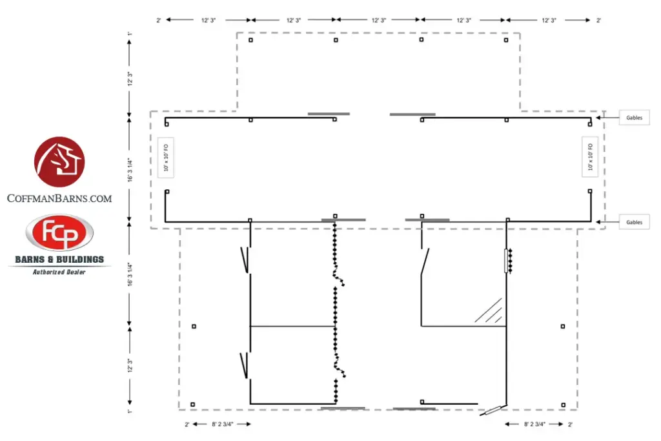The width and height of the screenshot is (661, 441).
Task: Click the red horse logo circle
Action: (59, 162)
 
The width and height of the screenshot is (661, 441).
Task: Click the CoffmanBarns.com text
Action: (59, 199)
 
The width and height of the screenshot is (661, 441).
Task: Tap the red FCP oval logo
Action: (59, 233)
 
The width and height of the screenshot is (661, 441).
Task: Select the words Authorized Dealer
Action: (59, 272)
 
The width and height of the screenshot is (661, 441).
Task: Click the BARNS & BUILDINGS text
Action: (59, 260)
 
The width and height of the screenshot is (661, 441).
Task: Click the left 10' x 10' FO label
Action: (166, 158)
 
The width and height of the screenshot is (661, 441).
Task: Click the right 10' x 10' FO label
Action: (589, 158)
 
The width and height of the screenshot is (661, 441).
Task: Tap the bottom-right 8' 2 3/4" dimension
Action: (534, 424)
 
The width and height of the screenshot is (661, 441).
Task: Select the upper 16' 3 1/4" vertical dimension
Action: (130, 170)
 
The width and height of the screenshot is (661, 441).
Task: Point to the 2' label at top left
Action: (159, 21)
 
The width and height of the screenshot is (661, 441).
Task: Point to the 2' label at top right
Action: (598, 21)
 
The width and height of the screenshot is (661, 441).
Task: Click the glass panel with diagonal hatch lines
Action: (491, 311)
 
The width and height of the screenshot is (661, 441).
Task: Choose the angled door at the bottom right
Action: (496, 409)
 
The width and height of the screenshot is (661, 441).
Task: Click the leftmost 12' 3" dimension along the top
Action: (208, 21)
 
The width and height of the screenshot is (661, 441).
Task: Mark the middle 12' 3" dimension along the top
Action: (379, 21)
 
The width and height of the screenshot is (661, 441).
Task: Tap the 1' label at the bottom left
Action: (130, 411)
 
